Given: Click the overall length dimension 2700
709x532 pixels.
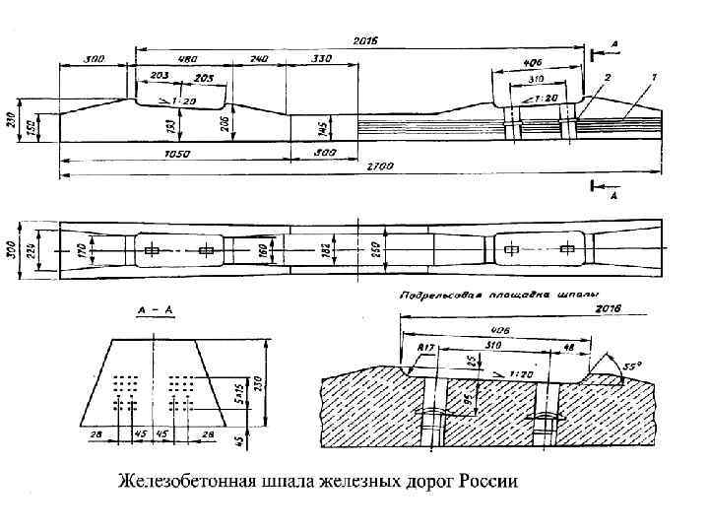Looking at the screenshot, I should tap(378, 168).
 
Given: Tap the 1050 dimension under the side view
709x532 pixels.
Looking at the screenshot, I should tap(178, 154).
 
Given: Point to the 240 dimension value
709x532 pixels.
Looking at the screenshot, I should tap(259, 59).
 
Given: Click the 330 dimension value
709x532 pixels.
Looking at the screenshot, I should tap(321, 59).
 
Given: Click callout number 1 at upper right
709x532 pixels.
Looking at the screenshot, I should tap(655, 76).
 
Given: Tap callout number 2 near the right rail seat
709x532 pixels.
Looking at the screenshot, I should tap(608, 76).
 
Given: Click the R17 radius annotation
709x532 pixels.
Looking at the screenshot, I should tap(425, 348).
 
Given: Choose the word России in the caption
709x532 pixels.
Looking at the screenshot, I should tap(483, 483).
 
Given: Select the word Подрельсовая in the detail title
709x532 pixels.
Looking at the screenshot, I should tap(437, 295).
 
